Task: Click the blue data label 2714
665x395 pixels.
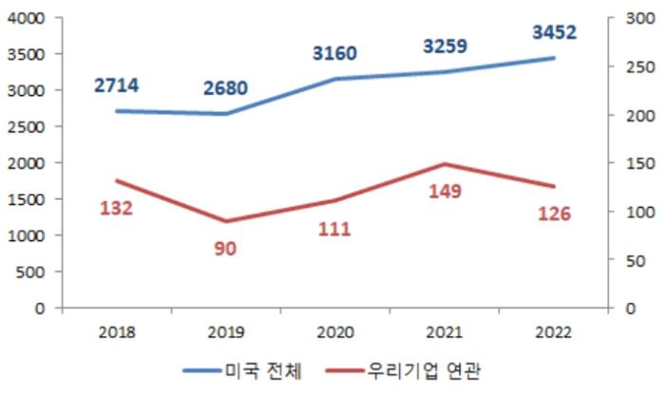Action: (116, 86)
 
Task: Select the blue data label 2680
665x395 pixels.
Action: (225, 89)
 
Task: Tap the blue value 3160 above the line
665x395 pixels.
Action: (334, 53)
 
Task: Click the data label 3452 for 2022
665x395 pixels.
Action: (554, 33)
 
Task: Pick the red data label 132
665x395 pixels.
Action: (116, 208)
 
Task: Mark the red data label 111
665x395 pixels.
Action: (334, 229)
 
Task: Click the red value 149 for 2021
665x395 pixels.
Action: (445, 192)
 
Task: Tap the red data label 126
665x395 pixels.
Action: (554, 214)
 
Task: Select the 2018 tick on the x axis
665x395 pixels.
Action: (116, 331)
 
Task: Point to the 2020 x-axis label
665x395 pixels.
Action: (334, 331)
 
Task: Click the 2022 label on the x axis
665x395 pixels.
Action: (554, 331)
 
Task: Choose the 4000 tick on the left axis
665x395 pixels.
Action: (26, 18)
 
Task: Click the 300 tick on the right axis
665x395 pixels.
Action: (625, 18)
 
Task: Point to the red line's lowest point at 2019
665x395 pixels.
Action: (225, 221)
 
